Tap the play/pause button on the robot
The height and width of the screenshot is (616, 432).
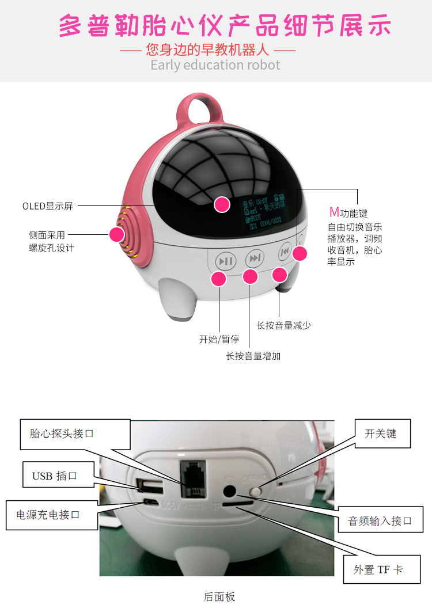click(x=226, y=261)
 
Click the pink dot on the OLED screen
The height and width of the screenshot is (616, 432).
click(x=222, y=204)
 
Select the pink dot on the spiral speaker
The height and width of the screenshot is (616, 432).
click(x=117, y=234)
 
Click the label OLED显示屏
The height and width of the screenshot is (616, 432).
click(x=48, y=206)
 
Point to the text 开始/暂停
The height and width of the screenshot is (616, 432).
click(x=219, y=339)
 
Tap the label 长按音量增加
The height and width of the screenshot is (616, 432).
click(x=253, y=356)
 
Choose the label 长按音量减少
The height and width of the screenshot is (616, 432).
click(x=284, y=325)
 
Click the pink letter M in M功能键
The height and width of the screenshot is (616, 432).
click(x=334, y=212)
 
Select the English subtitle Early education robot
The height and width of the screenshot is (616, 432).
click(x=215, y=64)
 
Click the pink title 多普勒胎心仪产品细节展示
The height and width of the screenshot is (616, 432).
click(x=225, y=26)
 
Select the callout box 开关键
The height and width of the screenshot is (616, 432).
click(x=380, y=434)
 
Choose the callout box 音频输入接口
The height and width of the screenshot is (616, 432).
click(x=380, y=520)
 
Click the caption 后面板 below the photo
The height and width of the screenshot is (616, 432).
click(x=219, y=597)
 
